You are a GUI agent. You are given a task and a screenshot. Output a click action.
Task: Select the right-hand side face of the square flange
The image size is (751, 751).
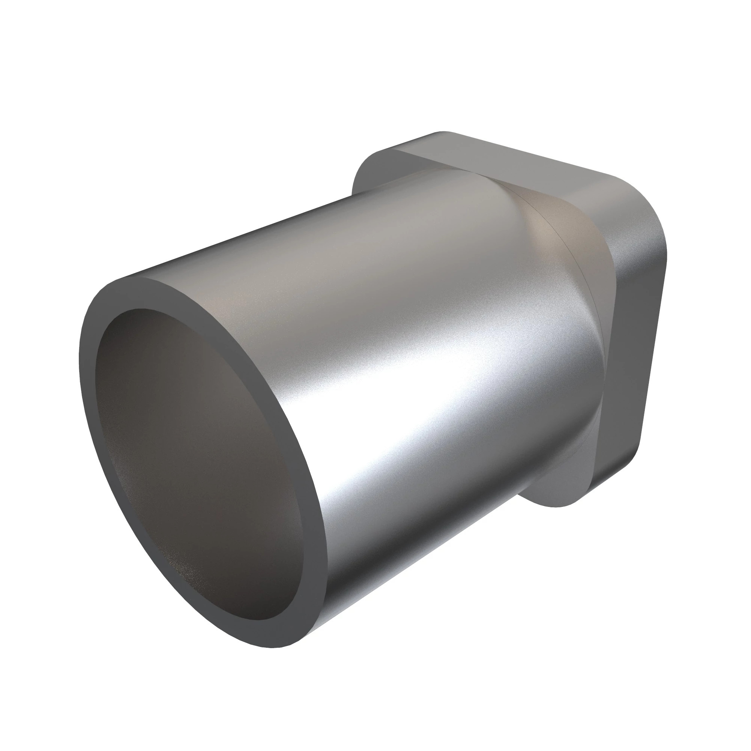(638, 350)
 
